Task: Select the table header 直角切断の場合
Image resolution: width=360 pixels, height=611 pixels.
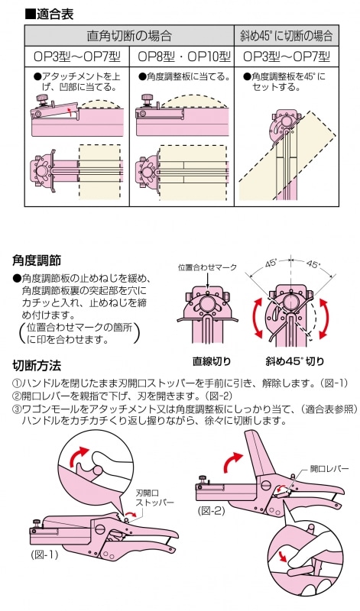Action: coord(128,35)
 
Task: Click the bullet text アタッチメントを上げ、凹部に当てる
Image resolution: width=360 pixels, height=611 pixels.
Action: coord(76,82)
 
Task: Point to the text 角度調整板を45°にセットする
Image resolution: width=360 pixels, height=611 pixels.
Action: coord(286,82)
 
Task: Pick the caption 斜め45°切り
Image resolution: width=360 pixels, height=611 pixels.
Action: coord(295,360)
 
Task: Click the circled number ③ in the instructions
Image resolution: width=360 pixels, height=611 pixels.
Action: coord(17,409)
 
